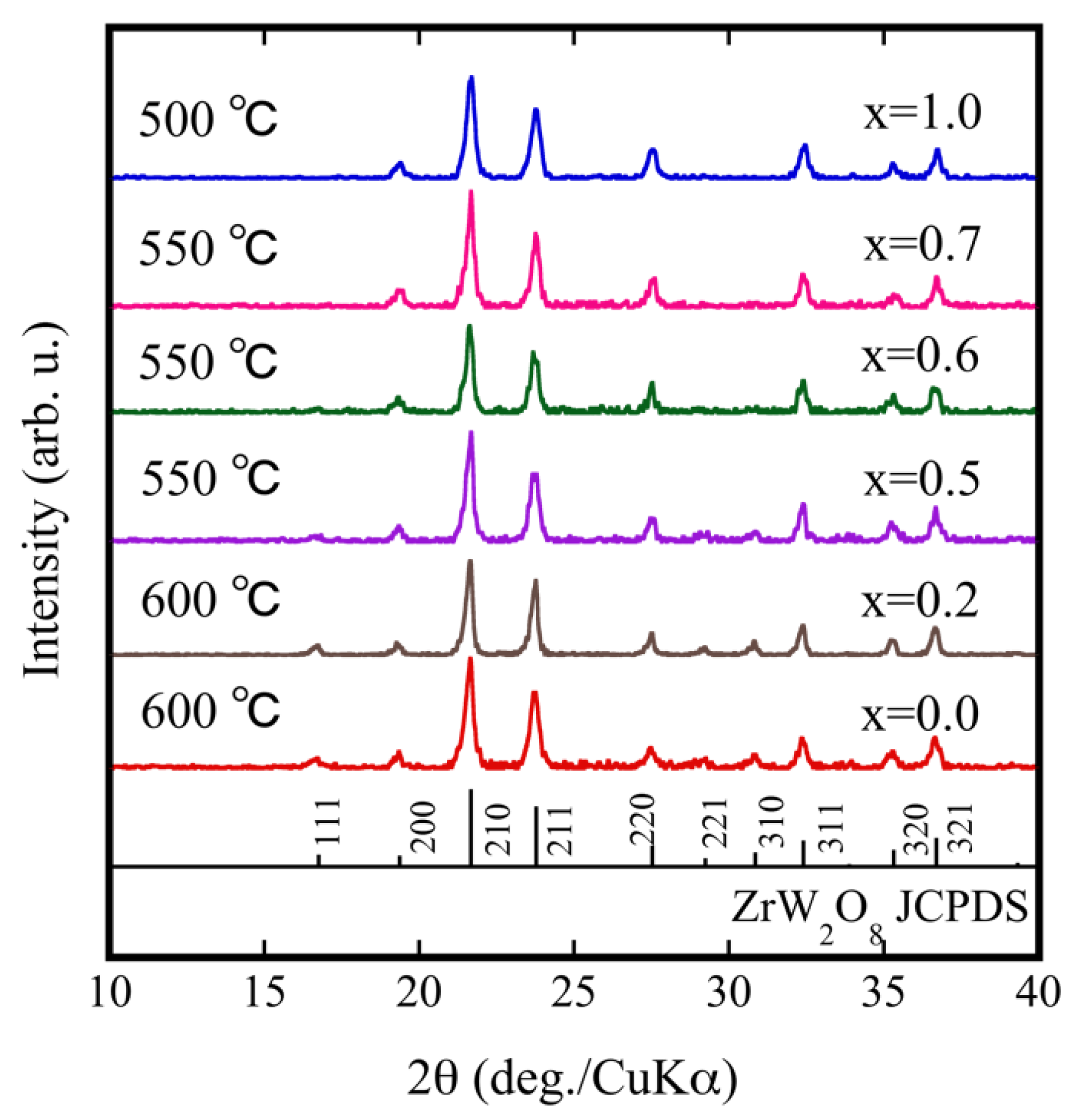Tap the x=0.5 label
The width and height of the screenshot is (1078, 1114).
(x=921, y=479)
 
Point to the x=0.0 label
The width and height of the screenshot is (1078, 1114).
(x=919, y=714)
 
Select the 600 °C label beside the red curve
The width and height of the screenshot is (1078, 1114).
(x=210, y=711)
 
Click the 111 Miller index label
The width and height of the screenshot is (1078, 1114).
(x=328, y=821)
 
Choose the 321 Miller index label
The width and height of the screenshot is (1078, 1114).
(x=963, y=828)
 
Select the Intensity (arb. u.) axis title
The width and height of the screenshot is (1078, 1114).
(x=44, y=500)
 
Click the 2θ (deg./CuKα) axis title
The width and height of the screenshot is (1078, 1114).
(x=572, y=1077)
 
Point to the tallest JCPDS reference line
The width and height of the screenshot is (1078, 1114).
(x=471, y=827)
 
